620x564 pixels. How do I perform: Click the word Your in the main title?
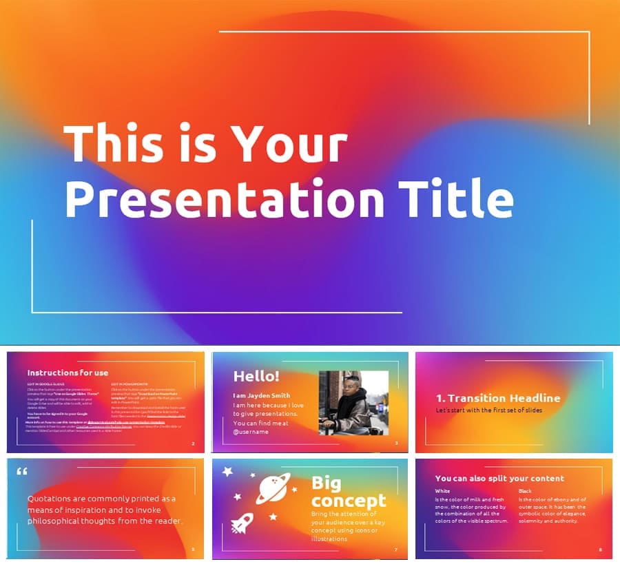tap(289, 146)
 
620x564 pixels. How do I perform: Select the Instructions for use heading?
tap(68, 373)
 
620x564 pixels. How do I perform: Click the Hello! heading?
tap(256, 376)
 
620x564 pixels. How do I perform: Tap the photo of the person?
tap(353, 403)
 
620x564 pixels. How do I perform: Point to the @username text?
tap(251, 432)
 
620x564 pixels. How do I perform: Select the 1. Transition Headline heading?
tap(498, 398)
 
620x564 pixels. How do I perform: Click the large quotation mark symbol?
tap(21, 473)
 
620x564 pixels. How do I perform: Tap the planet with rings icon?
tap(273, 488)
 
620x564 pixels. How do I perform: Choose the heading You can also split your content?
tap(499, 478)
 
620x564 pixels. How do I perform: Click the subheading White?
tap(442, 491)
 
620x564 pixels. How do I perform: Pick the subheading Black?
tap(525, 491)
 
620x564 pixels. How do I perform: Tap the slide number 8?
tap(600, 550)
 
